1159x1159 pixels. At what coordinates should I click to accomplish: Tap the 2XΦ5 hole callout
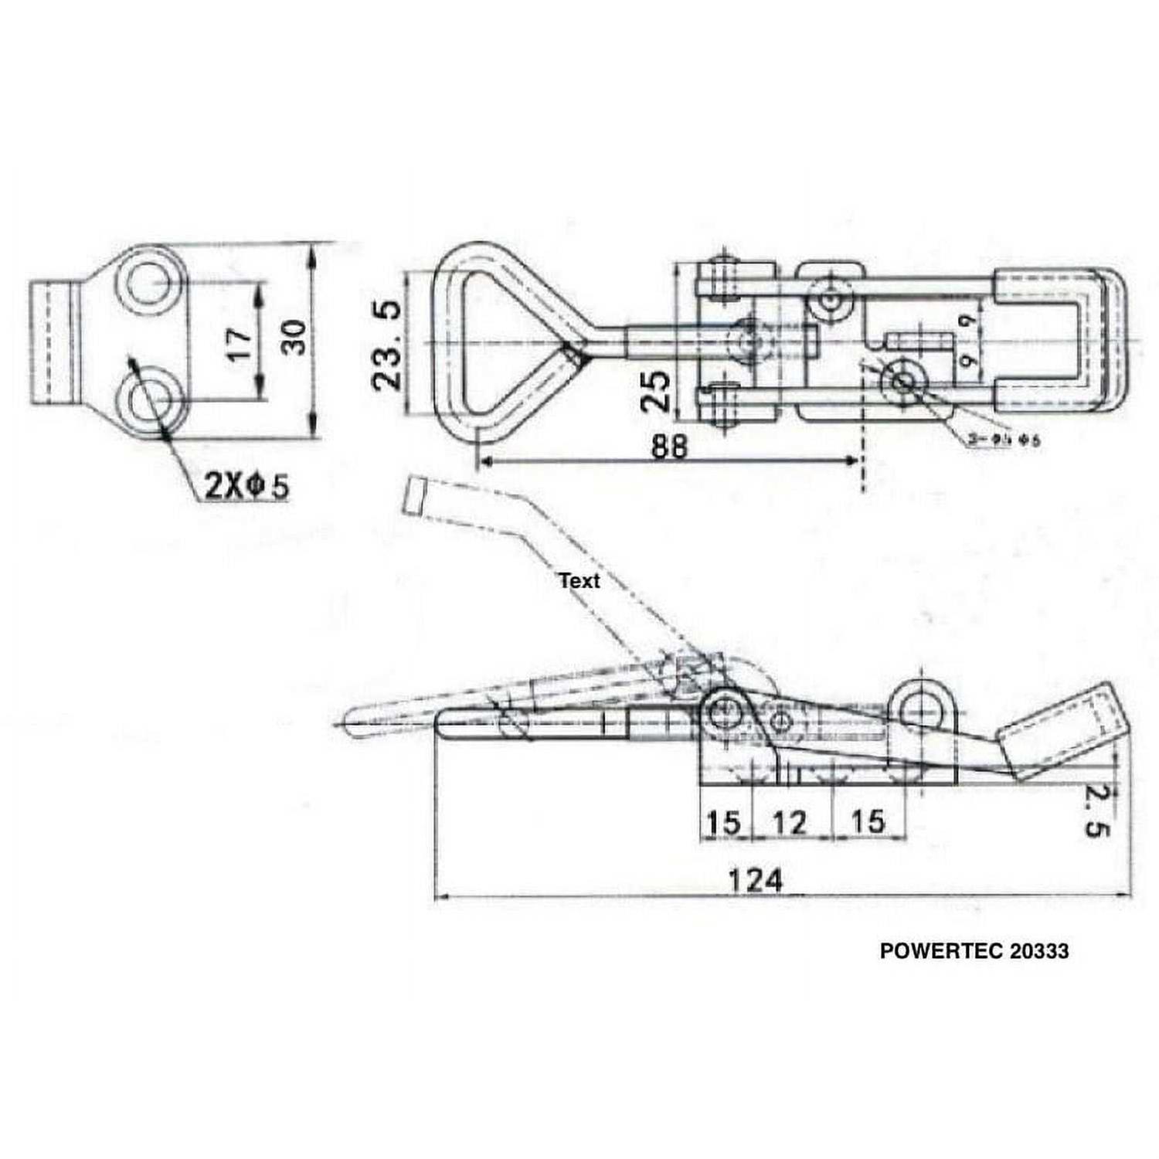[x=246, y=486]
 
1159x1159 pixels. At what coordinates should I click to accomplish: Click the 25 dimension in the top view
[x=655, y=390]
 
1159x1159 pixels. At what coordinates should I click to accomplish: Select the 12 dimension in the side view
[x=789, y=823]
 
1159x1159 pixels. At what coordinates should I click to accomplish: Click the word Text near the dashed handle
[x=579, y=580]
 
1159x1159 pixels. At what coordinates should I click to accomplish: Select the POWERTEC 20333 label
[x=974, y=950]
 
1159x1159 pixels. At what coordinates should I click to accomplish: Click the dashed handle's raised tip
[x=416, y=495]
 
